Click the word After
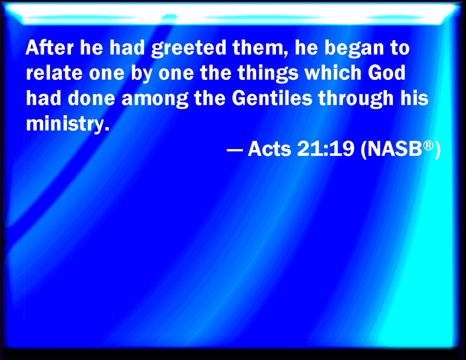click(x=50, y=48)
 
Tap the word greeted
click(x=189, y=49)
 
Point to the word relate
click(x=54, y=73)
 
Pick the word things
click(x=268, y=74)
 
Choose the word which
click(x=333, y=73)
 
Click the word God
click(x=386, y=73)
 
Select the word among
click(x=155, y=99)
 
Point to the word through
click(x=356, y=99)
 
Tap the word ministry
click(x=67, y=125)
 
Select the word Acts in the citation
click(x=269, y=149)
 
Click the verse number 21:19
click(x=326, y=149)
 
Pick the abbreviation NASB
click(x=395, y=149)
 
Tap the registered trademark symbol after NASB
click(x=428, y=146)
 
